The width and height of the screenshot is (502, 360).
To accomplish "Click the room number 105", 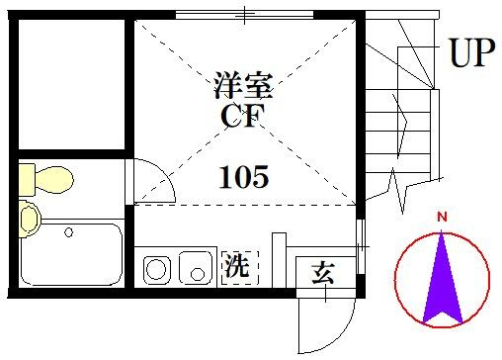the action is pos(244,177).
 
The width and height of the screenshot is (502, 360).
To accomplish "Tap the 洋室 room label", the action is pos(243,85).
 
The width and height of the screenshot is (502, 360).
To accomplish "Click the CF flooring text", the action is pos(243,116).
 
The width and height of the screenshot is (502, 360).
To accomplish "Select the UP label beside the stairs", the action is pos(472,52).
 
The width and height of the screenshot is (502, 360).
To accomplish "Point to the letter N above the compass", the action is pos(442,217).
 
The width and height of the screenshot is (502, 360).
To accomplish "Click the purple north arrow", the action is pos(443,279).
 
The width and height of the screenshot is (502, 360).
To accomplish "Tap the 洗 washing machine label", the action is pos(236,266).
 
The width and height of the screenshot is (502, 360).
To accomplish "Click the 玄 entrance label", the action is pos(323,273).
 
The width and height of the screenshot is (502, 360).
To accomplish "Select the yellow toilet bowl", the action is pos(54,180).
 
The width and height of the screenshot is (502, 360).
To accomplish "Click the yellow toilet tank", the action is pos(27,180).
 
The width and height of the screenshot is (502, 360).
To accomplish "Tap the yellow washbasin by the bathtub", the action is pos(30,219).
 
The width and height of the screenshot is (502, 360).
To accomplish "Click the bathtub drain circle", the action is pos(68,232).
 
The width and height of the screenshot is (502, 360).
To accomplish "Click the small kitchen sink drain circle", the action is pos(198,274).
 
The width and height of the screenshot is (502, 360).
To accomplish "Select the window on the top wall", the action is pos(244,15).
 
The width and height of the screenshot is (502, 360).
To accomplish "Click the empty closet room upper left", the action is pos(71,84).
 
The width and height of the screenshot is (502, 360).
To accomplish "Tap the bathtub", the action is pos(71,254).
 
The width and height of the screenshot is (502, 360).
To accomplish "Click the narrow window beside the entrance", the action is pos(362,246).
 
